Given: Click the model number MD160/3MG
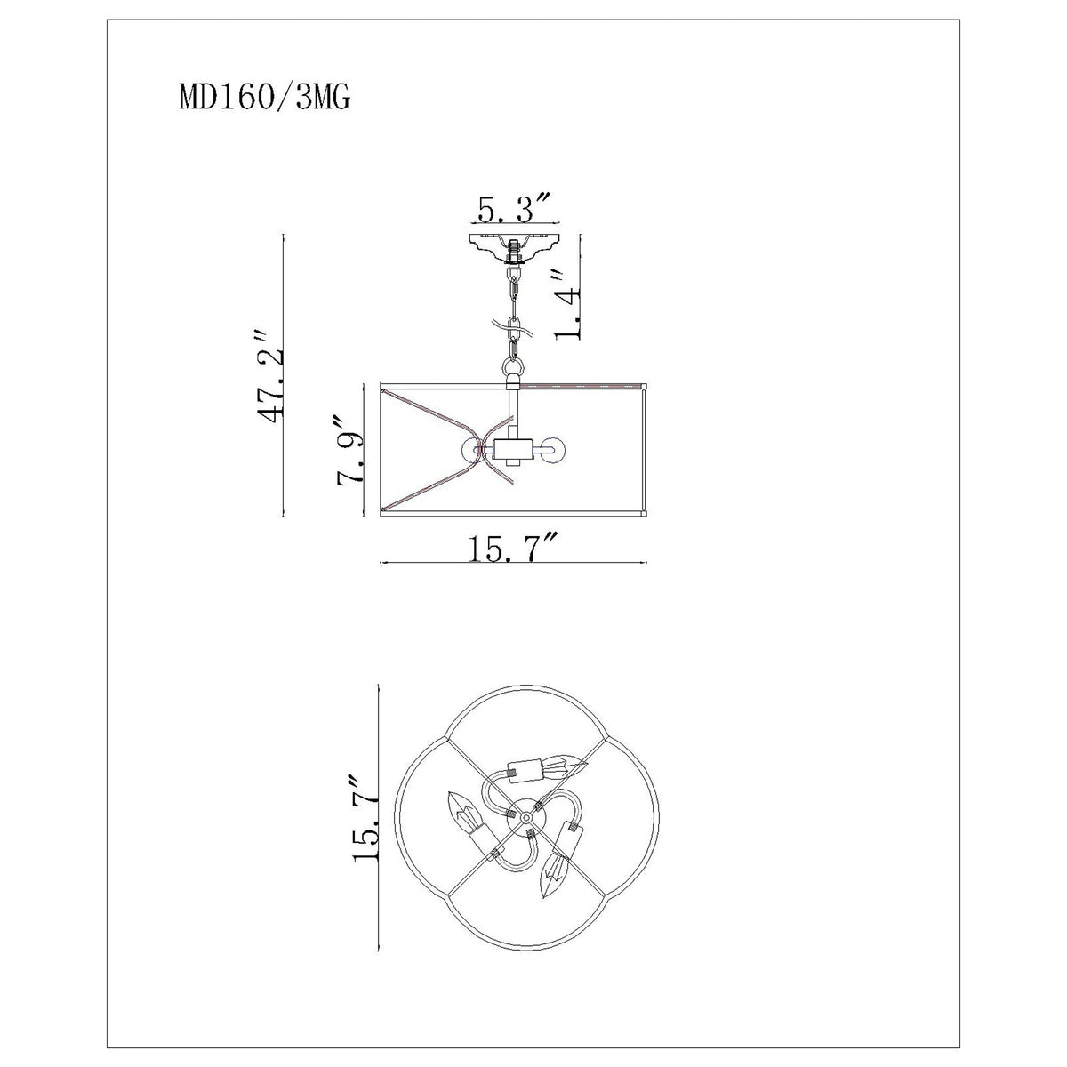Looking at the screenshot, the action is tap(265, 99).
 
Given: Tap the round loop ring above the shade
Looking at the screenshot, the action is tap(513, 367).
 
